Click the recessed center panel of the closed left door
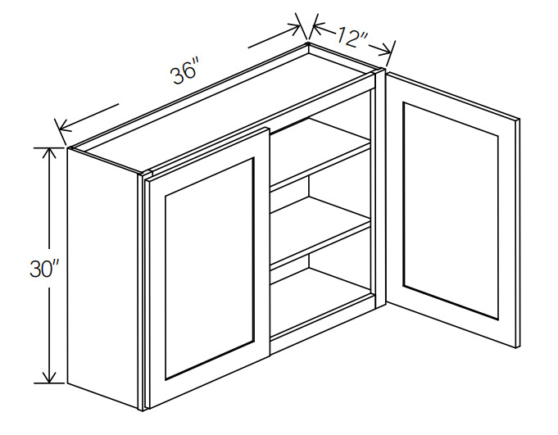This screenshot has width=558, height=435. pos(209,268)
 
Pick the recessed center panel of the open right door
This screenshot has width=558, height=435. pos(451,211)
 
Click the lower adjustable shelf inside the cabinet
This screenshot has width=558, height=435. pos(320,232)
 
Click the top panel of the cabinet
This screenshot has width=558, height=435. pos(225,106)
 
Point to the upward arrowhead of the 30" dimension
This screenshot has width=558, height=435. pos(49,153)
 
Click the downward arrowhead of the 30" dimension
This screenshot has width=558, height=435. pos(49,377)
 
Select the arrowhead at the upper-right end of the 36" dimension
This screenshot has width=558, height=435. pos(293,29)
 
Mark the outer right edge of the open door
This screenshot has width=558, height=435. pos(517,233)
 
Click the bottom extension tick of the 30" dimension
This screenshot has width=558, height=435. pos(50,383)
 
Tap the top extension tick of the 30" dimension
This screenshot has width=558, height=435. pos(50,147)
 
